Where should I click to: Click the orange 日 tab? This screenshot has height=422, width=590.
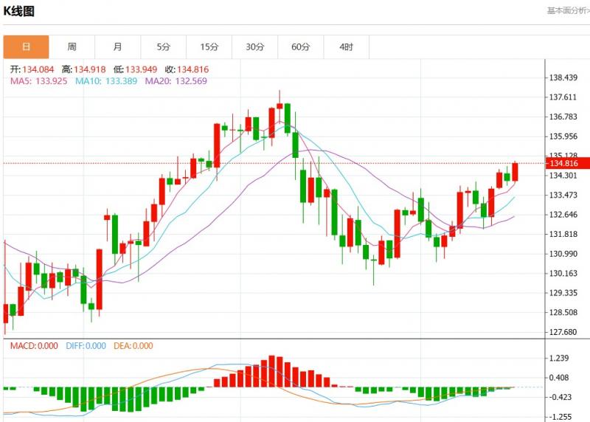click(27, 47)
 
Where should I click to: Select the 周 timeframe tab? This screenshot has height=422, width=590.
click(72, 47)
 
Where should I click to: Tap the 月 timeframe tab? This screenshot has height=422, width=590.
click(118, 47)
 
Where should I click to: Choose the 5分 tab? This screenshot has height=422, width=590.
click(163, 47)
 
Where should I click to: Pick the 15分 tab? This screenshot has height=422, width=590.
click(209, 47)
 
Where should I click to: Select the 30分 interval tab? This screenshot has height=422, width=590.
click(255, 47)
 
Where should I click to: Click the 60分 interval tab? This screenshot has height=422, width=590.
click(301, 47)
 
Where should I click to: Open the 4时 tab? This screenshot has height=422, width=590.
click(347, 47)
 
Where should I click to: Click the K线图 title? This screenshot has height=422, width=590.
click(19, 11)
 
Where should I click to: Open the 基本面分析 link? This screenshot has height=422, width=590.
click(566, 10)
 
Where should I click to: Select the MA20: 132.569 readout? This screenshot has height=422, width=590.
click(176, 80)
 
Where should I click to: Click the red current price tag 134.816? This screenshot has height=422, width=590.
click(563, 163)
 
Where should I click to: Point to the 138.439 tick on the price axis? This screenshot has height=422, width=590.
click(563, 78)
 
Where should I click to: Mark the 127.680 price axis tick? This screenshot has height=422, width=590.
click(563, 332)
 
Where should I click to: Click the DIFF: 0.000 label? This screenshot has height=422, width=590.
click(84, 346)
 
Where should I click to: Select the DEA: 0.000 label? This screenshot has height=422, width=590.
click(133, 346)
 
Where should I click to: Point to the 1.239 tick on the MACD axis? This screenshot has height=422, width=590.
click(559, 359)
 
